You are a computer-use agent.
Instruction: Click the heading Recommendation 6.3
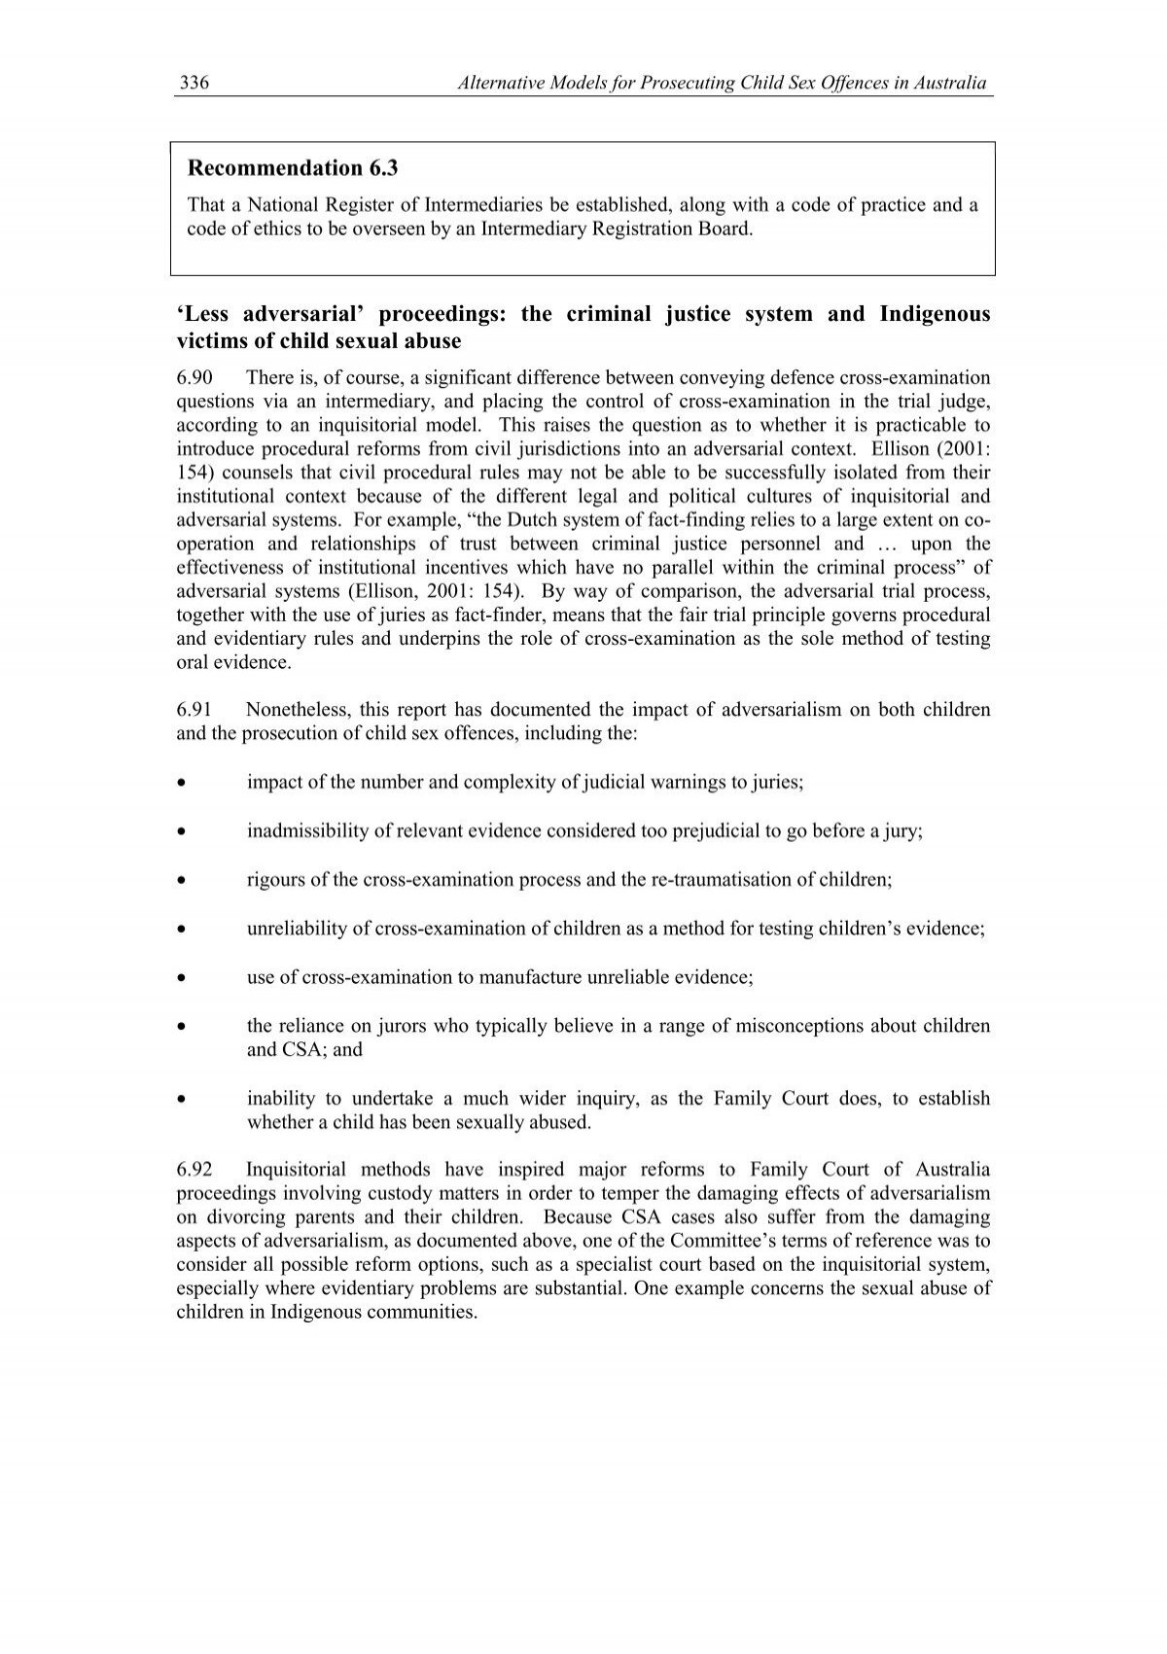(293, 168)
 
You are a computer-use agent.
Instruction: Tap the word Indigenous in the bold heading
(935, 314)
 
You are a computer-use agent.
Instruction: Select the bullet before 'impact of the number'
(181, 783)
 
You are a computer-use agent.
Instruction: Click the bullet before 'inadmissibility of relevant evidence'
(181, 831)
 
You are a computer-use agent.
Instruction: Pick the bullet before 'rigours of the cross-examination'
(181, 880)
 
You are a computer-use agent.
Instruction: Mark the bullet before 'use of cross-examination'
(181, 977)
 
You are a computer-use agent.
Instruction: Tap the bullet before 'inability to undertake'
(181, 1099)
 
